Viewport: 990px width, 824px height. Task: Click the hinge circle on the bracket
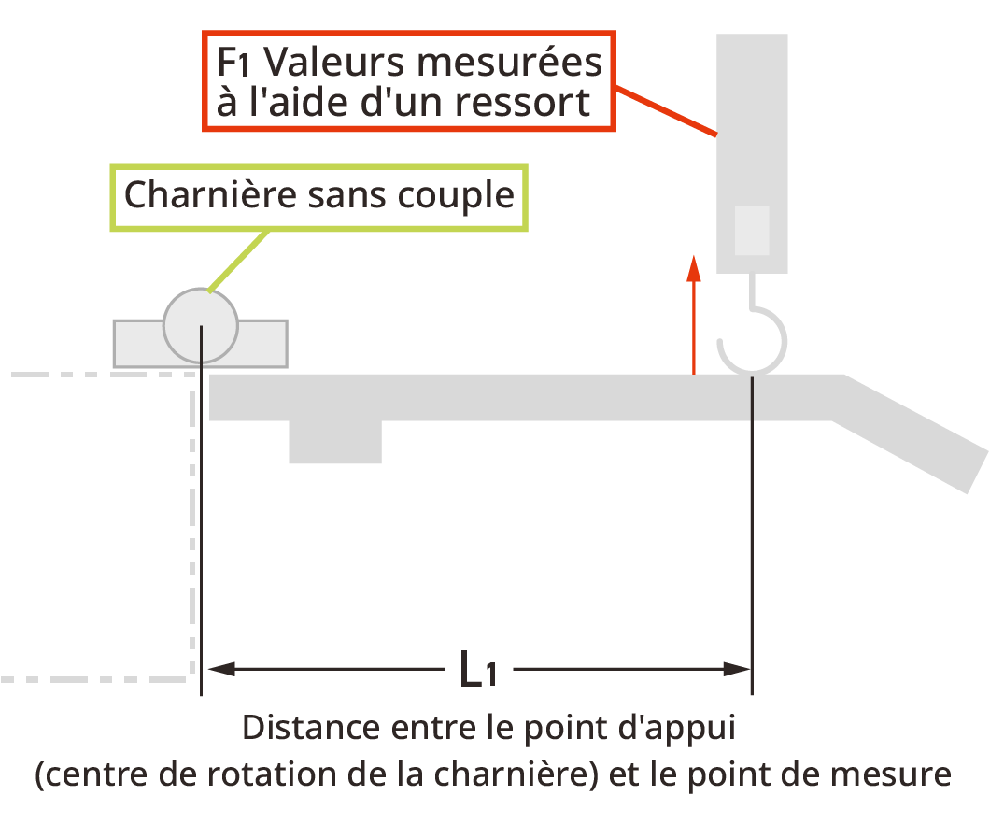point(201,325)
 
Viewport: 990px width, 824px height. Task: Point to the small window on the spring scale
point(752,230)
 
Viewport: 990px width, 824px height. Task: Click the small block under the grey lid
point(334,442)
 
